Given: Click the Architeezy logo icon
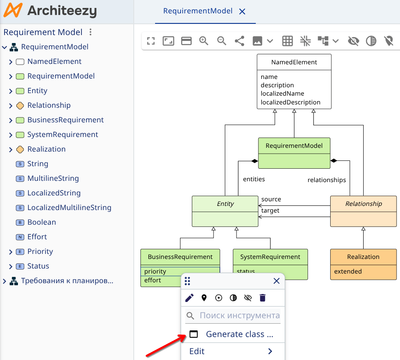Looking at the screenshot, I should coord(12,11).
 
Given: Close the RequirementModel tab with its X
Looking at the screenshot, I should coord(242,12).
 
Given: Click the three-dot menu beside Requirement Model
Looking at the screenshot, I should coord(91,32).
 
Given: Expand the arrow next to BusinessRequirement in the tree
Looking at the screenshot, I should coord(11,120).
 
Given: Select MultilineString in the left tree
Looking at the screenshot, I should coord(53,178).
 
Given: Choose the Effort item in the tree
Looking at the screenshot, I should coord(37,237).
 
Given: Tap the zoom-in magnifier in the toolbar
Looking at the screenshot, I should coord(204,41).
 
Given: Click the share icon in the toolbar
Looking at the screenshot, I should coord(239,41).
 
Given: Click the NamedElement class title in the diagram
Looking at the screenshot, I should coord(294,62).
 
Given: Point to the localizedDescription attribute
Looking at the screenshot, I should coord(290,102).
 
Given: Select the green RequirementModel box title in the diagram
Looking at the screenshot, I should coord(294,146).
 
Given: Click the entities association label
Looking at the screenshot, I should coord(254,179).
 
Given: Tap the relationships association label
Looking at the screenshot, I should coord(326,180).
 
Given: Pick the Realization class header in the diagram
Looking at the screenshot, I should coord(363,257).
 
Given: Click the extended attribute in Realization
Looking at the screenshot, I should coord(348,271).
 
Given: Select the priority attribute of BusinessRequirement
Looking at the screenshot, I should coord(155,271).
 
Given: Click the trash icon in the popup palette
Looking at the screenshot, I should coord(262,298).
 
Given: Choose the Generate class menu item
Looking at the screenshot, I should coord(239,334).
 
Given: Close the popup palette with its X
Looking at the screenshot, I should coord(276,281).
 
